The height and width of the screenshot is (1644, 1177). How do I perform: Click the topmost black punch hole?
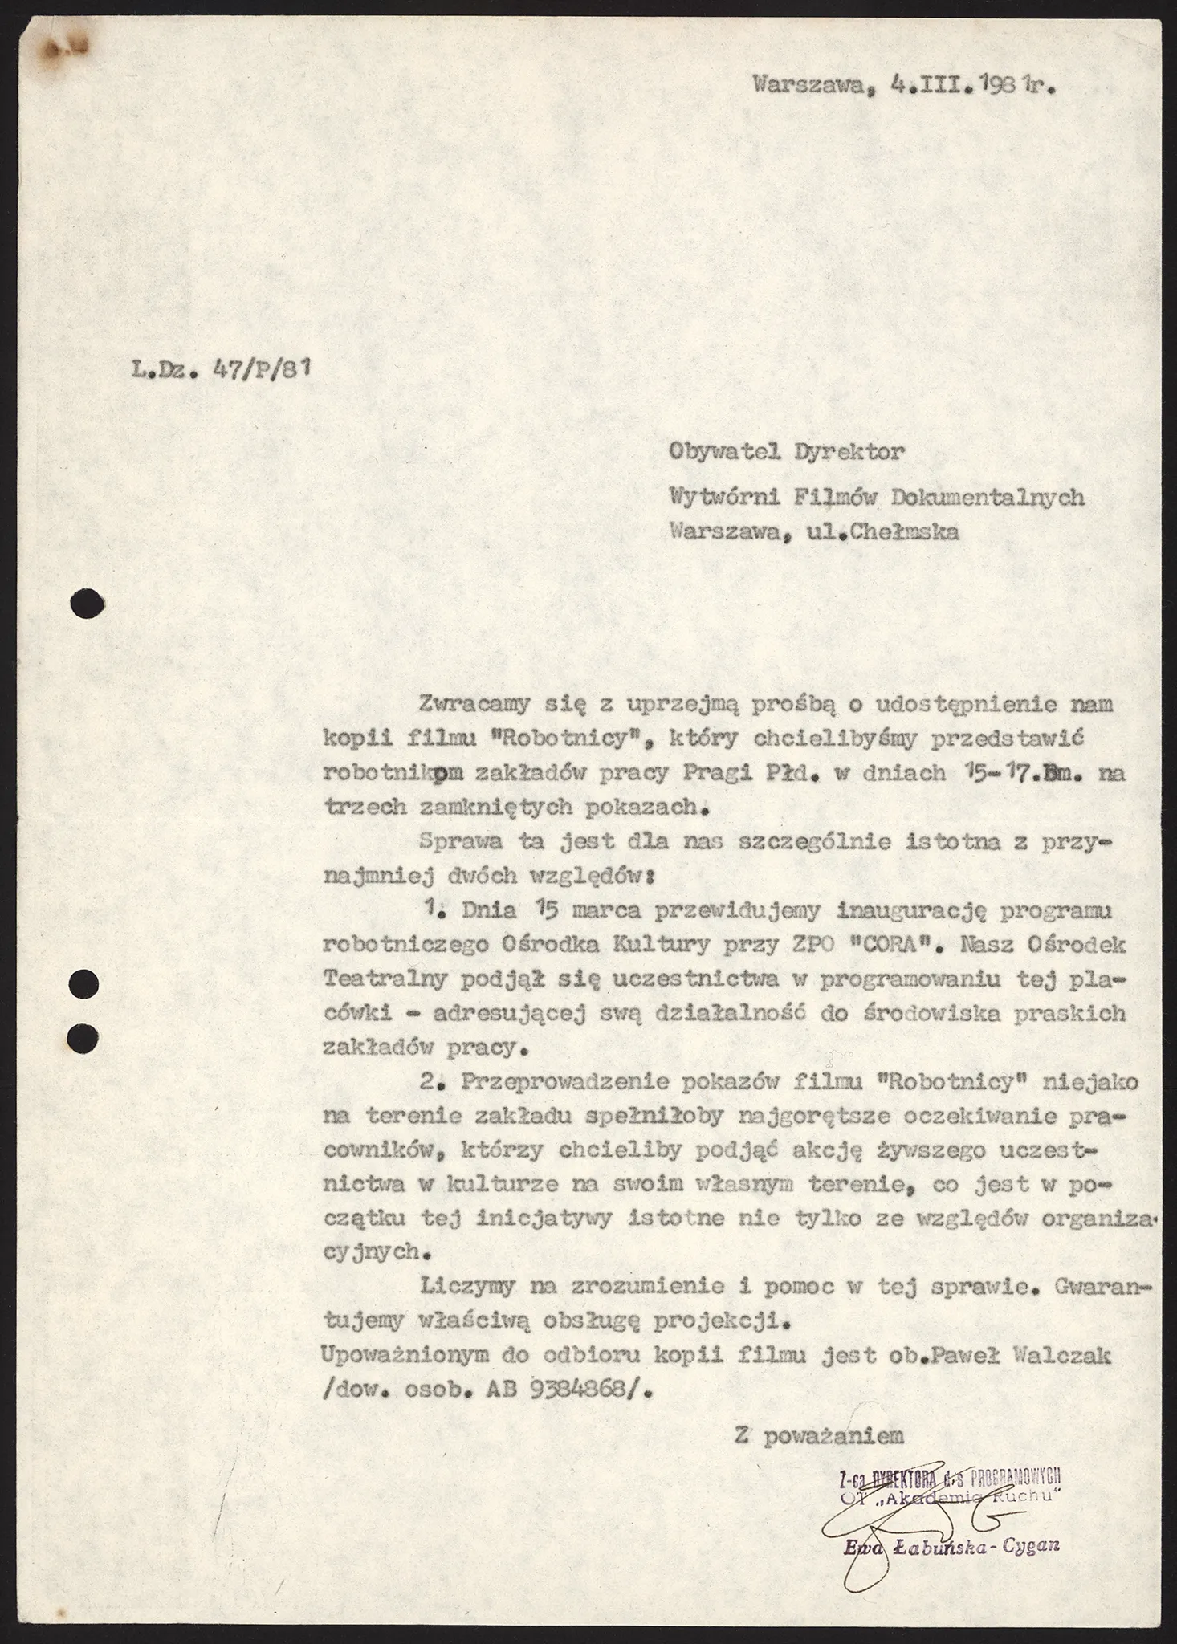tap(88, 603)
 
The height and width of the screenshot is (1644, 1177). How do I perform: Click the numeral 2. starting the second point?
tap(434, 1081)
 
